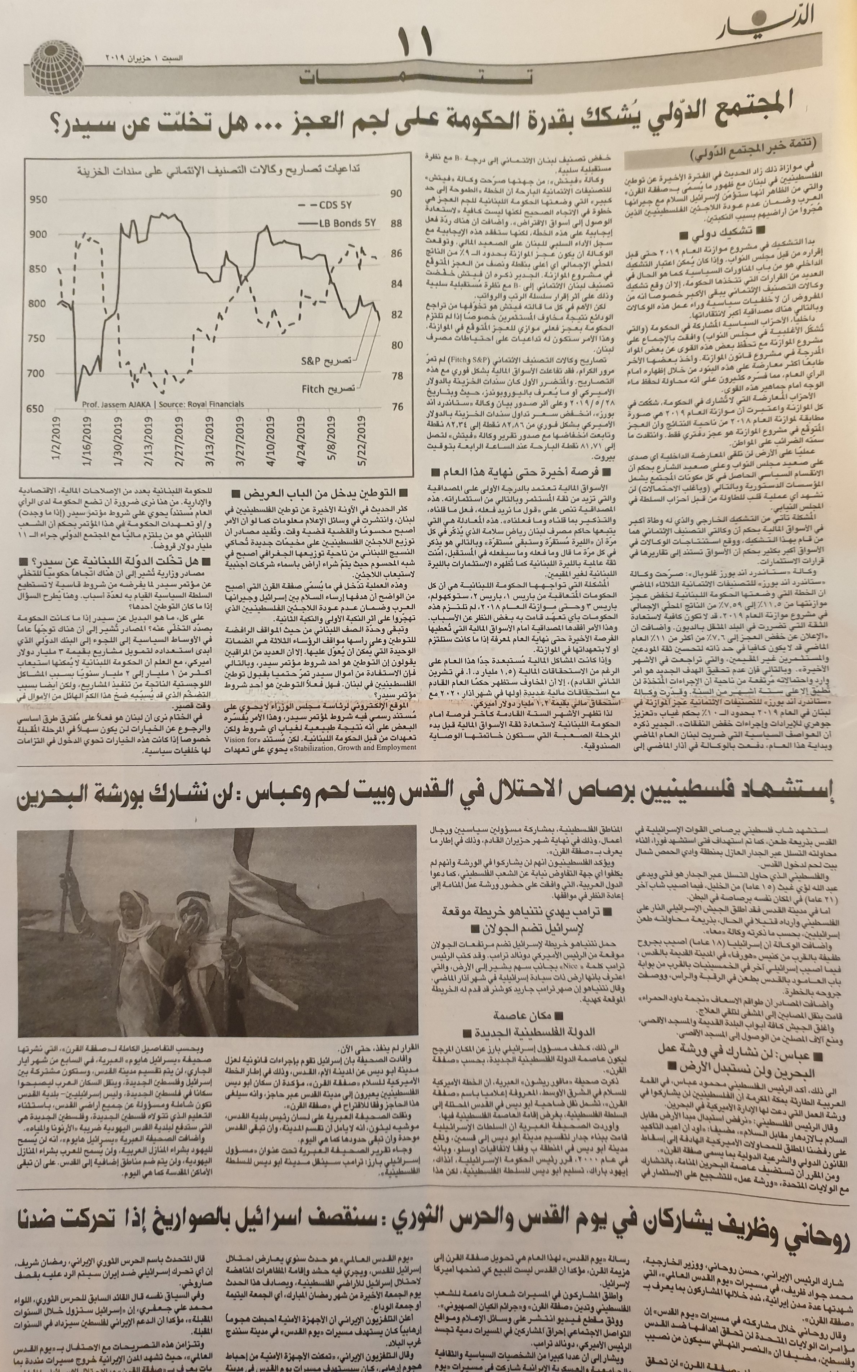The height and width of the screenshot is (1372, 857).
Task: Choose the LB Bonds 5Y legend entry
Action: click(340, 223)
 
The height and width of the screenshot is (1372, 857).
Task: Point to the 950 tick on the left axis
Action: click(37, 200)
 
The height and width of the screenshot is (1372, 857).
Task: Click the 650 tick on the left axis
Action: click(37, 408)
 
